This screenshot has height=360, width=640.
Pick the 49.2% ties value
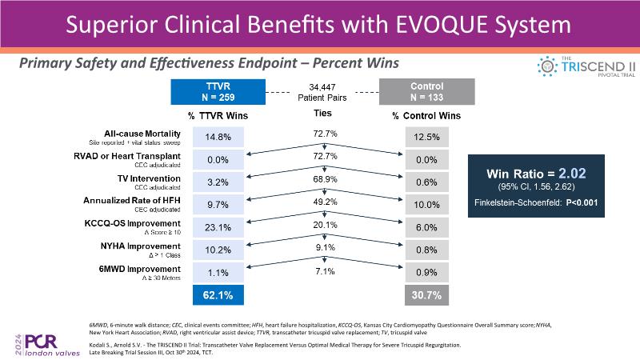[323, 202]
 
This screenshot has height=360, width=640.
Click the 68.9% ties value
[323, 179]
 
